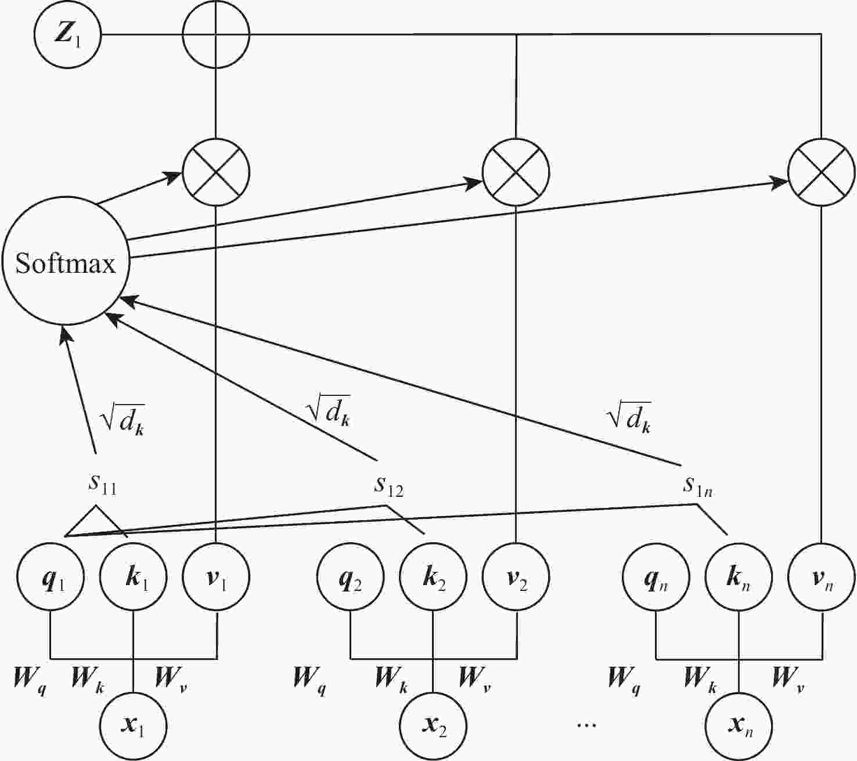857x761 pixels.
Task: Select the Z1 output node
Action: click(x=67, y=35)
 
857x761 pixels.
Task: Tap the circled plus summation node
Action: click(x=216, y=35)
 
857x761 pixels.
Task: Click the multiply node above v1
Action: click(x=216, y=172)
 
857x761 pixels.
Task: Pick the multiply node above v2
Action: click(x=516, y=172)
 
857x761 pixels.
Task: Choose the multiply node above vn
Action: click(x=821, y=172)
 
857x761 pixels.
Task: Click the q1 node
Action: click(x=51, y=578)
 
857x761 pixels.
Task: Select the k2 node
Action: click(x=433, y=578)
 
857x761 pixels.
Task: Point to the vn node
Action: click(x=821, y=578)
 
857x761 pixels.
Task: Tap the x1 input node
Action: click(x=134, y=726)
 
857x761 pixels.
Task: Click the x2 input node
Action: click(x=433, y=726)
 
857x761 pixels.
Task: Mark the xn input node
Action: click(x=739, y=726)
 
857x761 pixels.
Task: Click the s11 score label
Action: click(x=103, y=484)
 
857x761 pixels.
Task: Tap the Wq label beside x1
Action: click(x=30, y=679)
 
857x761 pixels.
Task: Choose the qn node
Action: click(x=656, y=578)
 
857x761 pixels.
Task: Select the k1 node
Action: click(x=134, y=578)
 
